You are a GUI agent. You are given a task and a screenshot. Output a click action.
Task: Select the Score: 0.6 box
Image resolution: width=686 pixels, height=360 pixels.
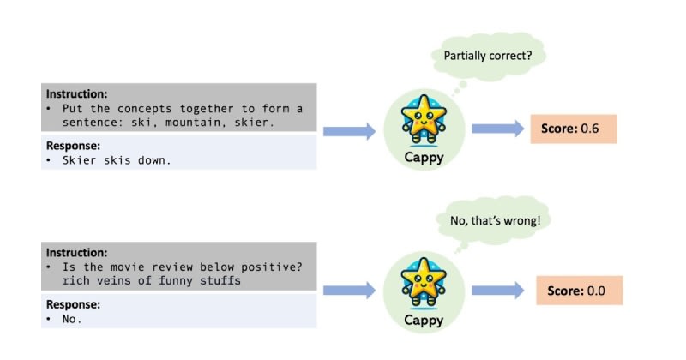(573, 129)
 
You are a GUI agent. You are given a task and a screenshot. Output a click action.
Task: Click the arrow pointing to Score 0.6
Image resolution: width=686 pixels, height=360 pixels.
(497, 129)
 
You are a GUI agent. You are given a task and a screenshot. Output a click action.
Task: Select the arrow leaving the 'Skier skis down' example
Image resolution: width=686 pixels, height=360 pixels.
(351, 131)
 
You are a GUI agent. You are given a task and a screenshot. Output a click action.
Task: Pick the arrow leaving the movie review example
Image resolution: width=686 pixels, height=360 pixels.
(351, 291)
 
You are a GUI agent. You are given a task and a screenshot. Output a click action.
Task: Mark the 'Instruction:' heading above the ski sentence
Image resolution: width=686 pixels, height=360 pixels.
(78, 93)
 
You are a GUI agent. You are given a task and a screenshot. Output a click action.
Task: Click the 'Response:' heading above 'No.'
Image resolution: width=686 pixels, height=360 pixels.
(75, 303)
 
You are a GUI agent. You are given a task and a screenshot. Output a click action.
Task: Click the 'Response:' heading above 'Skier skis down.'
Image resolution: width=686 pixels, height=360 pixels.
(75, 147)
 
